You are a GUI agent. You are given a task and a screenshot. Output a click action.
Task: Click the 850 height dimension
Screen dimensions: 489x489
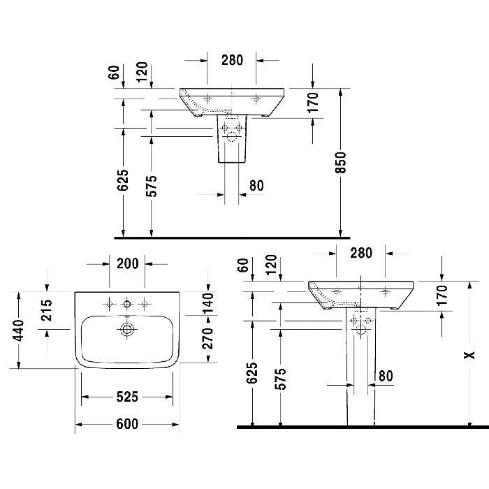pos(341,163)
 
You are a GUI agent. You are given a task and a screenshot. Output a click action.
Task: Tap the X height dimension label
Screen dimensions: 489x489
pos(469,355)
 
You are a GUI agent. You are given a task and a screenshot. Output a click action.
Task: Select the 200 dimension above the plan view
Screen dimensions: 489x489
pos(128,264)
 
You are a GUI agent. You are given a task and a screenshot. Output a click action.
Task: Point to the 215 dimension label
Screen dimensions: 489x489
pos(47,310)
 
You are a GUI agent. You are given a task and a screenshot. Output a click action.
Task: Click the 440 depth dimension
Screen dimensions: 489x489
pos(19,330)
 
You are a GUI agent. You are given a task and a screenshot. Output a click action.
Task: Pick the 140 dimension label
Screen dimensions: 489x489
pos(208,302)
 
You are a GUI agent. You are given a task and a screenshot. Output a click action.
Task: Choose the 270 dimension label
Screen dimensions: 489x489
pos(208,338)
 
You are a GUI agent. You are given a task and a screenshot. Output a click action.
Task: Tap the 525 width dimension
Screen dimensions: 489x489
pos(127,397)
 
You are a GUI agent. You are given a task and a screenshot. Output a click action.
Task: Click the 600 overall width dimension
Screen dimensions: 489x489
pos(127,424)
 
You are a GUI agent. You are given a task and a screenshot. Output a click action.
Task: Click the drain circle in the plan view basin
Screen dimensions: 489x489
pos(127,329)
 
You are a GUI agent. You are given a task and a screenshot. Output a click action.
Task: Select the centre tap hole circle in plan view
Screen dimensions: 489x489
pos(127,303)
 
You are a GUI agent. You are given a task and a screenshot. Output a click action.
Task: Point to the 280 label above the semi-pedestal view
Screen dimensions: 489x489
pos(232,60)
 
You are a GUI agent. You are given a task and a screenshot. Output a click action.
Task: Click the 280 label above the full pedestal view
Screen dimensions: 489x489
pos(361,253)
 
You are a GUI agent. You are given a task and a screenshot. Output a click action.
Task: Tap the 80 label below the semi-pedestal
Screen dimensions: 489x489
pos(256,186)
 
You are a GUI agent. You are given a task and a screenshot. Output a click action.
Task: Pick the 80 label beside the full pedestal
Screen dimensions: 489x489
pos(386,376)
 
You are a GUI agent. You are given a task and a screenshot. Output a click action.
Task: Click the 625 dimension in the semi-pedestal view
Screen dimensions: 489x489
pos(123,180)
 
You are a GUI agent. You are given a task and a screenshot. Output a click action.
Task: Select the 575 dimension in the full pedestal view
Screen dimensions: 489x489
pos(280,379)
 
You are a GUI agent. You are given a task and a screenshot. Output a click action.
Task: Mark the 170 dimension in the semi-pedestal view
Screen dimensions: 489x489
pos(313,102)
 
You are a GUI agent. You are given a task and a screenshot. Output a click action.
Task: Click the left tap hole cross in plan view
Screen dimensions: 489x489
pos(110,303)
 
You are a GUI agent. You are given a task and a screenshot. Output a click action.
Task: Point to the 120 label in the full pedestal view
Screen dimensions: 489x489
pos(271,264)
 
